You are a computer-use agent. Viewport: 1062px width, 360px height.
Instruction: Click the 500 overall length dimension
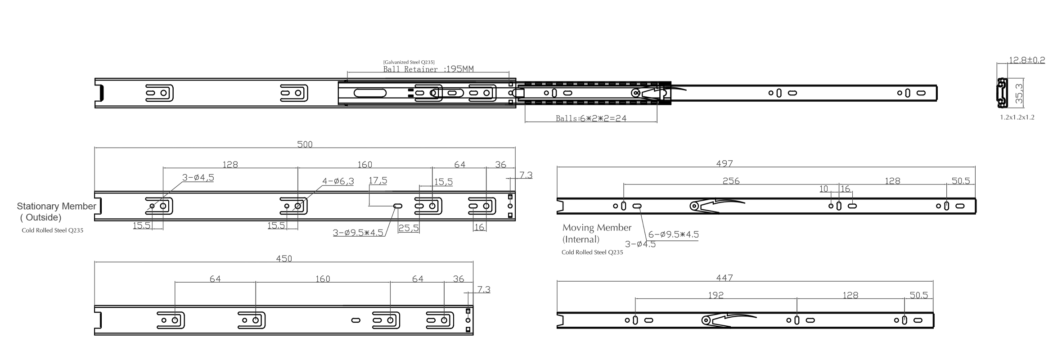(305, 144)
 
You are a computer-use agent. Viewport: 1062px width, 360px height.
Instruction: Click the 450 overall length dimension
(284, 259)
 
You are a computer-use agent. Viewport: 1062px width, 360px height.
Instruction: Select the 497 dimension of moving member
(724, 163)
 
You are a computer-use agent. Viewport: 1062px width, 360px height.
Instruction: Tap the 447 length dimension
(724, 278)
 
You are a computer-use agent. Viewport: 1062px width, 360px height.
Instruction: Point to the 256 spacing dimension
(731, 181)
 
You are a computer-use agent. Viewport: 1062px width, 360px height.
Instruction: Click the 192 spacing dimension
(715, 295)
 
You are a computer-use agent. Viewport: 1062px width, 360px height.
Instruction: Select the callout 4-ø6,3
(338, 181)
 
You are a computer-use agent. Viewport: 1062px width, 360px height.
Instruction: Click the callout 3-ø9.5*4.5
(358, 233)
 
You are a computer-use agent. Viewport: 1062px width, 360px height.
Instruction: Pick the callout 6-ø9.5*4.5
(673, 234)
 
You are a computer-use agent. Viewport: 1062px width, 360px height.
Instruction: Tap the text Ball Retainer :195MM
(428, 69)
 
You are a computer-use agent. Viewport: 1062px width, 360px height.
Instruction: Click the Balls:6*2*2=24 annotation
(591, 118)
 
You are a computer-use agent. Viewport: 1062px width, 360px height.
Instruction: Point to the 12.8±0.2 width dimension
(1026, 60)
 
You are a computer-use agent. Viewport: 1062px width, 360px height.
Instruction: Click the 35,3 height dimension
(1020, 94)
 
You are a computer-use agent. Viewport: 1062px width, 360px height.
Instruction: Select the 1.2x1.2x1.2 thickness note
(1017, 117)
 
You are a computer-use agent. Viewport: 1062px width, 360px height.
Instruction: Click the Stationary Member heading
(56, 206)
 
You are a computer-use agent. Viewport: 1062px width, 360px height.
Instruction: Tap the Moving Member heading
(597, 228)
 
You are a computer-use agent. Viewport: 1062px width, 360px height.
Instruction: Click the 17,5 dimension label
(378, 180)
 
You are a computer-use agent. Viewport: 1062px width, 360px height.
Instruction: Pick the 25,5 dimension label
(408, 228)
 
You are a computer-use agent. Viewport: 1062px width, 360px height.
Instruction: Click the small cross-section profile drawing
(1002, 93)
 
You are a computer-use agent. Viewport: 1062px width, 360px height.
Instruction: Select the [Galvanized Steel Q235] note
(409, 62)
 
